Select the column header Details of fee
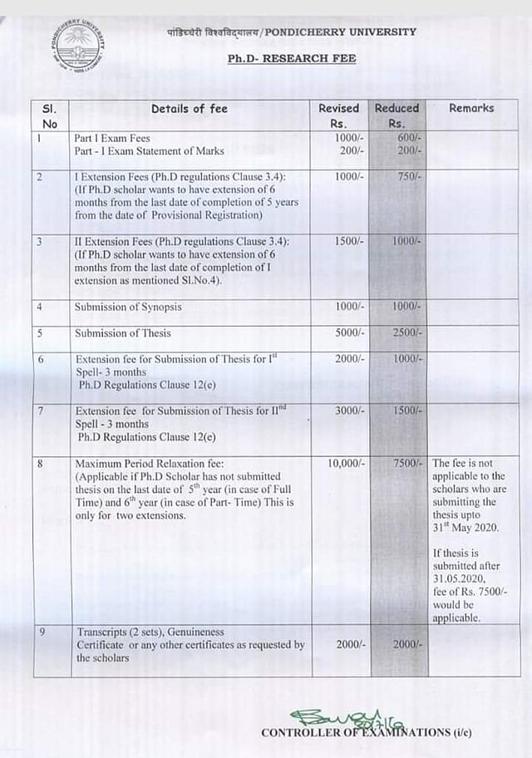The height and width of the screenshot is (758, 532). (189, 108)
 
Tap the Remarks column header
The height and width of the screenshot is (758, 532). (470, 108)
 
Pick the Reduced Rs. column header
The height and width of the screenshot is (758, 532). (397, 116)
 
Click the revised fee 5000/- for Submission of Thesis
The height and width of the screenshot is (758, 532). (349, 333)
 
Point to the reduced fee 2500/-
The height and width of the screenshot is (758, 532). (407, 333)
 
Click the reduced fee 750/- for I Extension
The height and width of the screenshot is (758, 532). (408, 177)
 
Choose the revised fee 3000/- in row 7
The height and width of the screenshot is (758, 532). (349, 411)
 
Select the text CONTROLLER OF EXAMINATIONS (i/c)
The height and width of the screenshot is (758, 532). (366, 733)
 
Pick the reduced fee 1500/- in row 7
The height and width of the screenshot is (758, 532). (407, 411)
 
